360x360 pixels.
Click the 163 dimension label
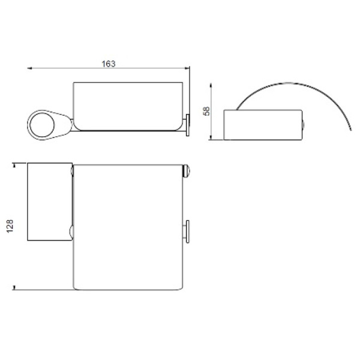click(x=109, y=64)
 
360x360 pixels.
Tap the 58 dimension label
click(x=206, y=111)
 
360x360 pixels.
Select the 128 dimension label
click(x=10, y=226)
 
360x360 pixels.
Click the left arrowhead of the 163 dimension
click(x=29, y=68)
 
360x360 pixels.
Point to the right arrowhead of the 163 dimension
click(x=187, y=68)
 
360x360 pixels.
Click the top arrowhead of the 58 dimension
click(x=211, y=86)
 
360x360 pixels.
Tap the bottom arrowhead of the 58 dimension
click(x=211, y=137)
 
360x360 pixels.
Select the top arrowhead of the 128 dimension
click(x=14, y=166)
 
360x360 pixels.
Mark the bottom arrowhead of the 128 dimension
click(x=14, y=287)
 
